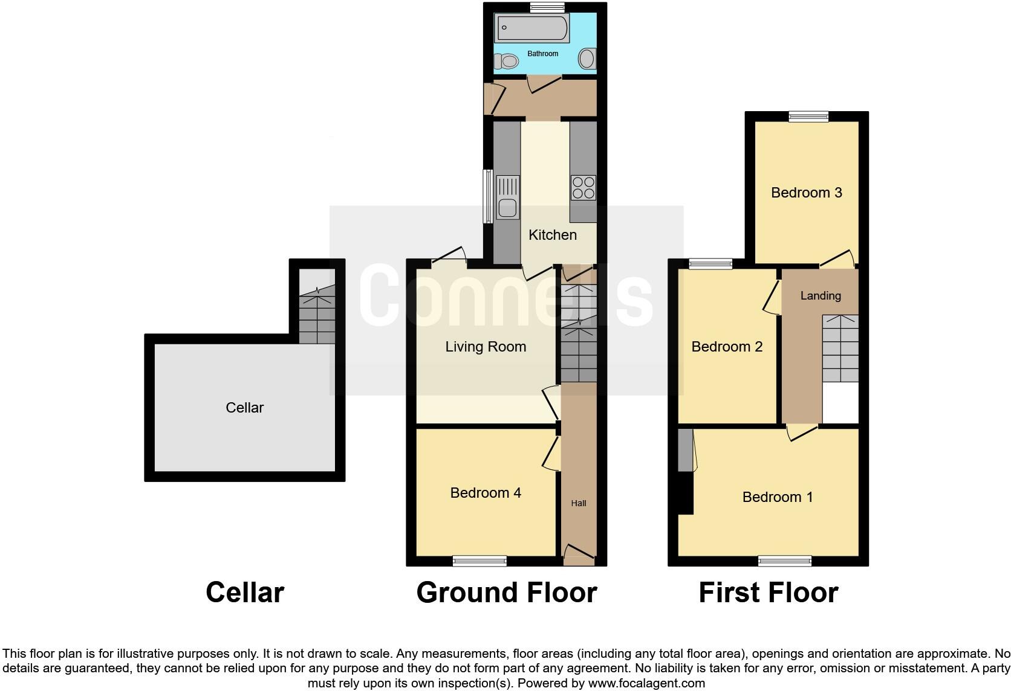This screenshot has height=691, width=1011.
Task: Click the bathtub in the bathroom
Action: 532,28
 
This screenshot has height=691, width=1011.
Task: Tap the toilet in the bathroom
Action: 507,61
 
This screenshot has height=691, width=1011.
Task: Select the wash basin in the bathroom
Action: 587,59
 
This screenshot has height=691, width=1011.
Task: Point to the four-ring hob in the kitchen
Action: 583,187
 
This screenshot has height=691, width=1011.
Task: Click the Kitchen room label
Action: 553,235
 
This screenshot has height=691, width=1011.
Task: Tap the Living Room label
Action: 486,347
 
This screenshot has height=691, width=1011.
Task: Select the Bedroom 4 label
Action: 486,493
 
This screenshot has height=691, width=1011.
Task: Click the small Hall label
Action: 579,503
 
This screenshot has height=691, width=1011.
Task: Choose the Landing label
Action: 821,295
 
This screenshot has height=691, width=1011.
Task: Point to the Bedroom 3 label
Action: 807,193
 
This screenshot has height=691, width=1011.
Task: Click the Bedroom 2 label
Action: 727,347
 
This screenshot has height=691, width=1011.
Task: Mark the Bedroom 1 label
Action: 778,497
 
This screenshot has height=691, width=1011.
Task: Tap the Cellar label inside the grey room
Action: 244,408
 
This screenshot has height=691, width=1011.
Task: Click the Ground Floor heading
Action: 507,593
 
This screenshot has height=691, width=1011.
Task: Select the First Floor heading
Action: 768,593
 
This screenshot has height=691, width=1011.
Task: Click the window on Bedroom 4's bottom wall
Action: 479,562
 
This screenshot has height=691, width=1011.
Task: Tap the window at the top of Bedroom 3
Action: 808,117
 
